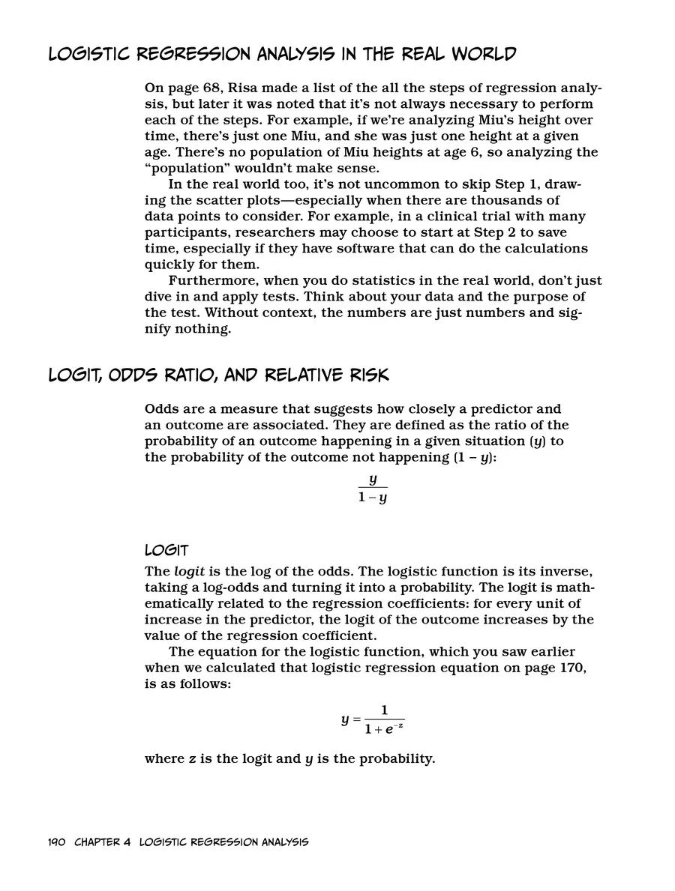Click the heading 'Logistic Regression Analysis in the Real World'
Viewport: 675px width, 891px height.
[282, 55]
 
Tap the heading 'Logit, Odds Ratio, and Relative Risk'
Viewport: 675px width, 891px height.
[218, 375]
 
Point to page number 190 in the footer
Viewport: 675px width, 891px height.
[57, 842]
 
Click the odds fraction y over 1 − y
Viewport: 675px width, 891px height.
[372, 488]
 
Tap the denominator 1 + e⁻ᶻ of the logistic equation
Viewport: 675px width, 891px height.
[384, 728]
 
